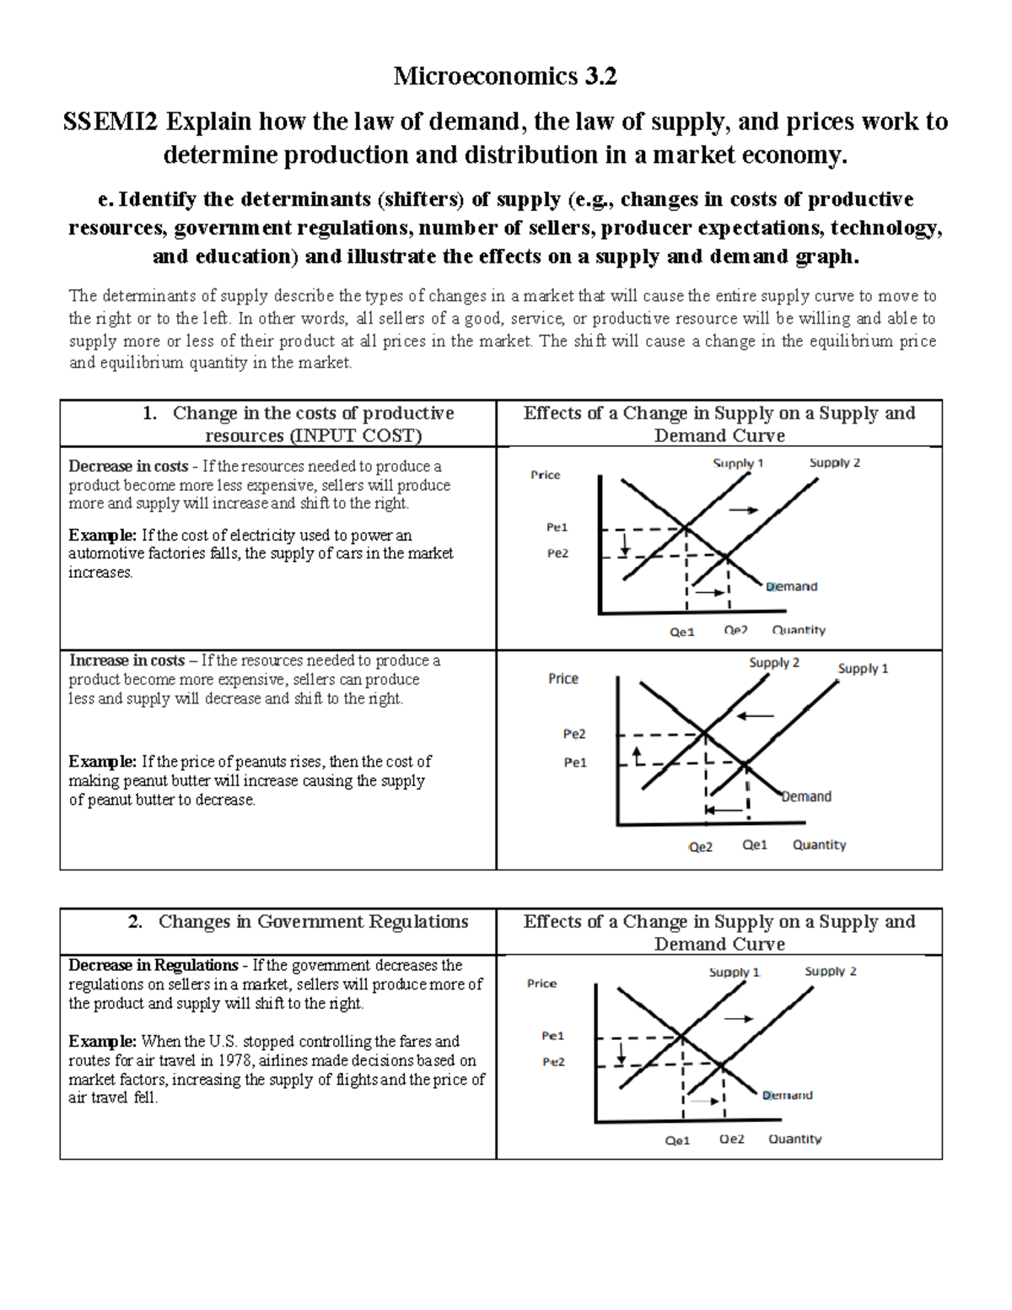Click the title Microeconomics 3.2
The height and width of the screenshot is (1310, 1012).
tap(505, 77)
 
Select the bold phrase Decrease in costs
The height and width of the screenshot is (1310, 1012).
tap(128, 466)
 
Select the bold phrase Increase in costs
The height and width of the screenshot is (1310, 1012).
tap(126, 660)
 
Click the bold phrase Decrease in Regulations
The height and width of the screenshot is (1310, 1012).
tap(153, 965)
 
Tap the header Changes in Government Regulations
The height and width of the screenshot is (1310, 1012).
tap(313, 921)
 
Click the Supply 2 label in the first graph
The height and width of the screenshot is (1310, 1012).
tap(834, 462)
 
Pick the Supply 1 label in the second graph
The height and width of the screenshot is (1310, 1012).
tap(863, 668)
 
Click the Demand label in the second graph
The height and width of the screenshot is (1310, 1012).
tap(806, 796)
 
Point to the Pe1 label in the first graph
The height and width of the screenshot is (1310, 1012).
tap(557, 527)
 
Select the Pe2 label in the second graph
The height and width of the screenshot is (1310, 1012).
tap(574, 734)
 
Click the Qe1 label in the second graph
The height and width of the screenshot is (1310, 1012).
tap(755, 844)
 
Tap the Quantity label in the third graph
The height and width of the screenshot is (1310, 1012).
tap(794, 1139)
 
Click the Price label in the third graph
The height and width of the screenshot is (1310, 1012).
tap(541, 984)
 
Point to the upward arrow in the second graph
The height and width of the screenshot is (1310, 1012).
tap(638, 753)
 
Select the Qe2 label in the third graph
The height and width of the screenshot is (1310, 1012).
tap(731, 1139)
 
